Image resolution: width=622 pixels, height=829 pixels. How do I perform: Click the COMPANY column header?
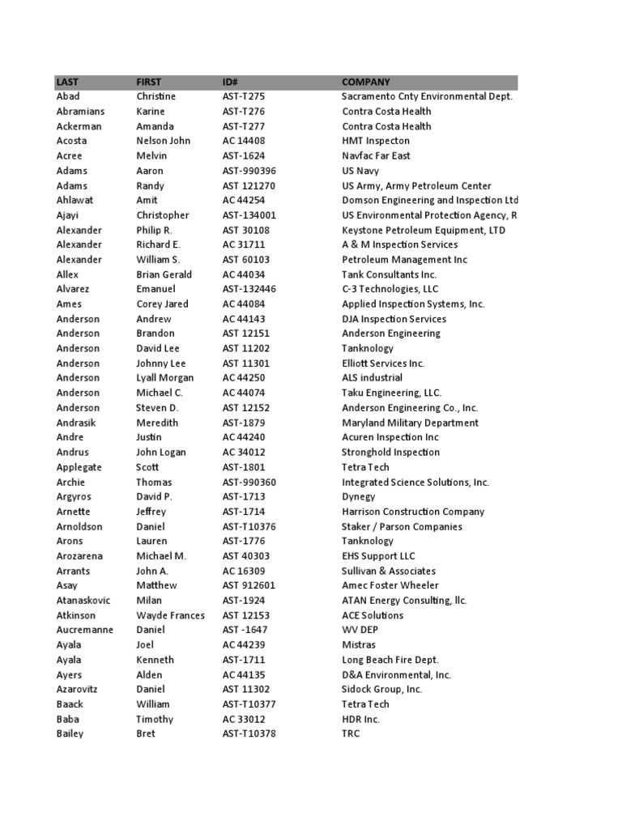tap(366, 82)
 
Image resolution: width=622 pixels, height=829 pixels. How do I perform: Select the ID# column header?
tap(229, 82)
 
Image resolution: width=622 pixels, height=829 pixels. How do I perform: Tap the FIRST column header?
tap(148, 82)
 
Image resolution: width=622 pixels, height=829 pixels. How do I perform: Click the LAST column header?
tap(67, 82)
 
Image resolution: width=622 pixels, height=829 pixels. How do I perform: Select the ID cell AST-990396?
tap(249, 171)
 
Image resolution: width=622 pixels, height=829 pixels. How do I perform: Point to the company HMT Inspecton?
tap(376, 141)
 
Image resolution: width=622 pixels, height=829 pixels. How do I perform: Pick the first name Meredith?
tap(157, 423)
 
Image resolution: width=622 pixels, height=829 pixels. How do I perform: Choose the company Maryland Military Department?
tap(410, 423)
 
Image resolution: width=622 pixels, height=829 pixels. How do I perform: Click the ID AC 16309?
tap(244, 571)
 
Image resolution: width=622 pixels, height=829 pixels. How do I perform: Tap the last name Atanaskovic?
tap(83, 601)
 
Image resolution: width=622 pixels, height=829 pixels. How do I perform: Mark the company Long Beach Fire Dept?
tap(390, 660)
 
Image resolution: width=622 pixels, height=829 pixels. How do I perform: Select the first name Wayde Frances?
tap(170, 615)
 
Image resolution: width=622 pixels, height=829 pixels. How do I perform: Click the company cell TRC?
tap(351, 733)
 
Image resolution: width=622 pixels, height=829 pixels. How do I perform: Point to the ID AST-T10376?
tap(251, 526)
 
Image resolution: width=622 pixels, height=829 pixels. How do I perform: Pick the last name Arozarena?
tap(79, 556)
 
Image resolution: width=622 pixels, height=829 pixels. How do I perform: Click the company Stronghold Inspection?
tap(390, 453)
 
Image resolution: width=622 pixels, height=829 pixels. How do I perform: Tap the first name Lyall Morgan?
tap(165, 378)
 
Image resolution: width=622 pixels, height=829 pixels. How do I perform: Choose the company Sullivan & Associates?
tap(389, 571)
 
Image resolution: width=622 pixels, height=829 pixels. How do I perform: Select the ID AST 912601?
tap(249, 585)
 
